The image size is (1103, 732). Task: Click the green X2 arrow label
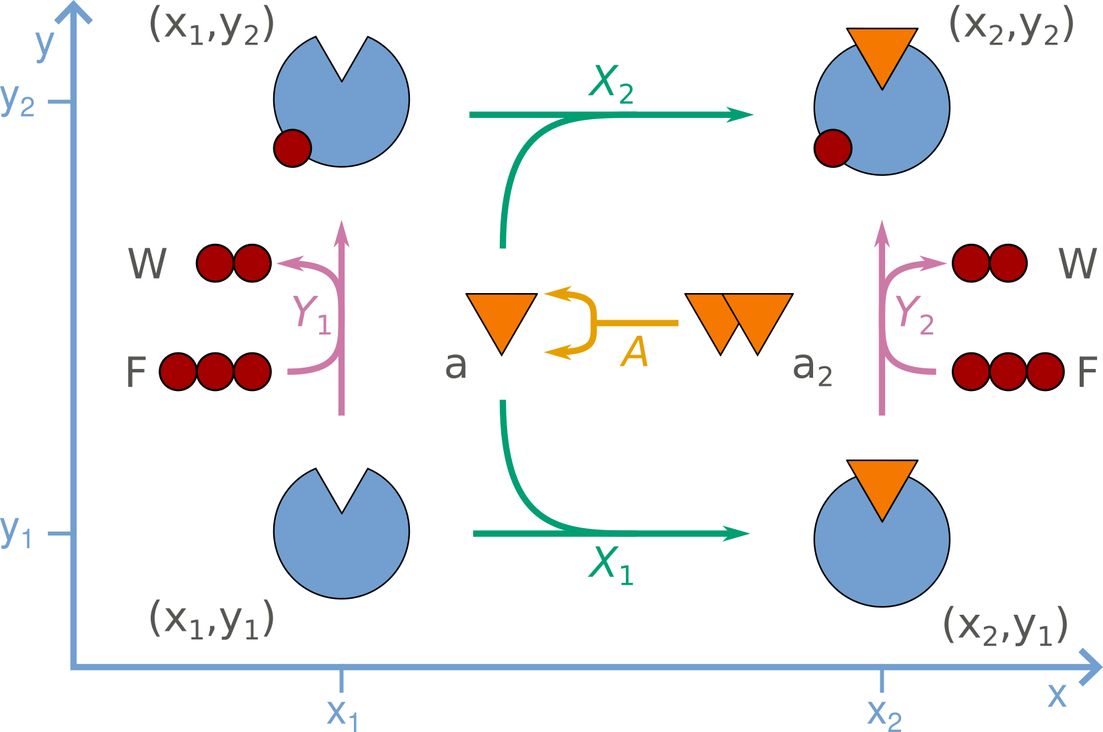(x=611, y=85)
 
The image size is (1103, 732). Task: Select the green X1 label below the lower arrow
(x=611, y=565)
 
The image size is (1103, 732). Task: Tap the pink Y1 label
(x=312, y=314)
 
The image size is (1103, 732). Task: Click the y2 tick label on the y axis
(x=18, y=101)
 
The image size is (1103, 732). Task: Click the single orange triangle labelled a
(x=501, y=318)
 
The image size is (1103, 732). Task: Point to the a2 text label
(x=812, y=368)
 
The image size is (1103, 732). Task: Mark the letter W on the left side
(x=147, y=264)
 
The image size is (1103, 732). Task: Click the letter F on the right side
(x=1087, y=372)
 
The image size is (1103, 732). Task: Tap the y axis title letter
(x=44, y=43)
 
